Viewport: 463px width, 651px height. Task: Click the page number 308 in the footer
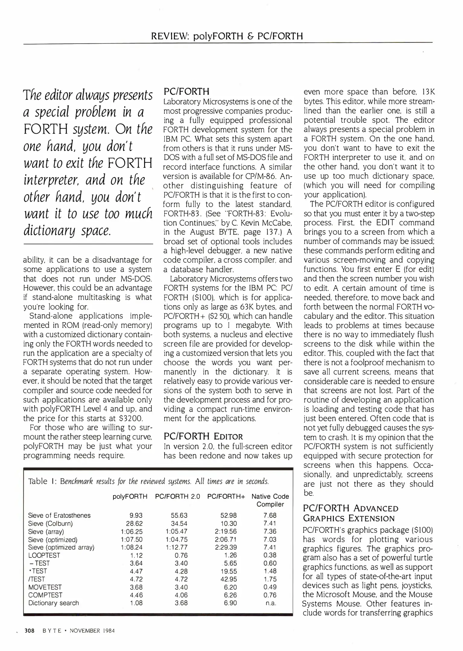click(x=30, y=631)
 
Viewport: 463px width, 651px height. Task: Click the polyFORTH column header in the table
click(x=130, y=496)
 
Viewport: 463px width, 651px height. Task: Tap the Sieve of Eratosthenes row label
click(x=59, y=515)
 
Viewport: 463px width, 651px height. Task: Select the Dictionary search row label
click(x=54, y=603)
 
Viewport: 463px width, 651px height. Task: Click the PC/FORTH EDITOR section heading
click(x=203, y=436)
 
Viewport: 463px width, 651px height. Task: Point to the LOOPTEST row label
click(x=44, y=555)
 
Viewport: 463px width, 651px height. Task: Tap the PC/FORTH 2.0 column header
click(x=178, y=496)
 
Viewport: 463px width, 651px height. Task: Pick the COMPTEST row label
click(x=45, y=595)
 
